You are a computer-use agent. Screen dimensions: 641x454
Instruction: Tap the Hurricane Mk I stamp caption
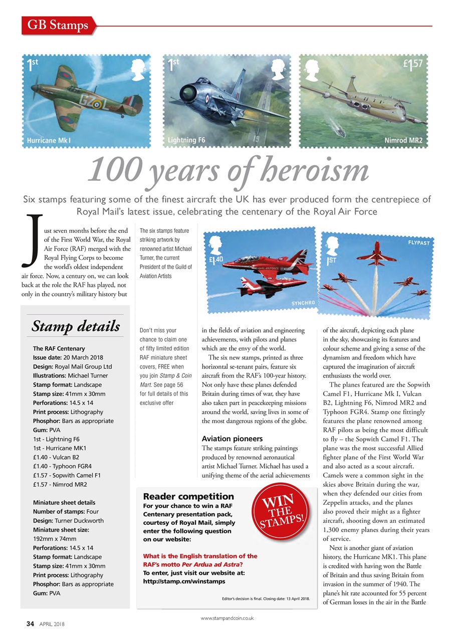pyautogui.click(x=49, y=140)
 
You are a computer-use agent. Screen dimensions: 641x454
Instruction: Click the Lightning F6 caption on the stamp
pyautogui.click(x=186, y=140)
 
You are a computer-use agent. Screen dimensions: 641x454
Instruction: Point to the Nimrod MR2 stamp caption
pyautogui.click(x=403, y=140)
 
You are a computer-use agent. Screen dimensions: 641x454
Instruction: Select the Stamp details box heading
pyautogui.click(x=76, y=327)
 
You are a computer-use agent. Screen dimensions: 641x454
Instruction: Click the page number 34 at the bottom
pyautogui.click(x=30, y=624)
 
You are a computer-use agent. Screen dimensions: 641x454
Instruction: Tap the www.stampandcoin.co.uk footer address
pyautogui.click(x=227, y=618)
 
